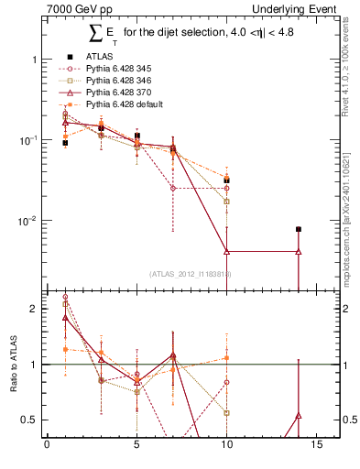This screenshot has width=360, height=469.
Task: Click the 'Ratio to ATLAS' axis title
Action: click(x=14, y=365)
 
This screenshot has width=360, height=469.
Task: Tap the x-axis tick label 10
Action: click(x=228, y=447)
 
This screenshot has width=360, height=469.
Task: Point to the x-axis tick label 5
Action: click(x=137, y=447)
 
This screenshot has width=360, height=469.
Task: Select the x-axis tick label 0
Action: click(x=47, y=447)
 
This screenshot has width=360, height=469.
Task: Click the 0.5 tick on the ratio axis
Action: click(x=32, y=420)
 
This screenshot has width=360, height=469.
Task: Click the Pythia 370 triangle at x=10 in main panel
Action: click(x=226, y=251)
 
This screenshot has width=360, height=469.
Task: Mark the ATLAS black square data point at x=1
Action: click(x=65, y=143)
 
